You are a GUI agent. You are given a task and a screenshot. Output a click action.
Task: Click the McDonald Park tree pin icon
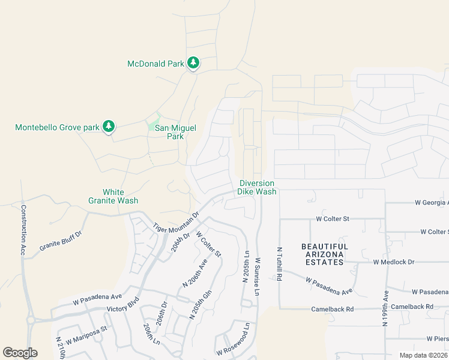193,62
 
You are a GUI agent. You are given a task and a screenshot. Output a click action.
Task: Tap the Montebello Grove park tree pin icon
108,126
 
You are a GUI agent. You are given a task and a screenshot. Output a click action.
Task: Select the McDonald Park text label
155,64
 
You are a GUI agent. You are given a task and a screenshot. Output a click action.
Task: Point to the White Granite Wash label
113,196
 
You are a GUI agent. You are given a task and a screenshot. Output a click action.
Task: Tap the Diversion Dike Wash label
257,187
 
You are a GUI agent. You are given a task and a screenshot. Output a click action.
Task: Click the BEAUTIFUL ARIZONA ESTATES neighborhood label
325,254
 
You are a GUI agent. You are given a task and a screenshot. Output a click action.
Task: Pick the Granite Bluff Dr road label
59,238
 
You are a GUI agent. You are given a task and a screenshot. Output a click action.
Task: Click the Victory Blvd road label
124,304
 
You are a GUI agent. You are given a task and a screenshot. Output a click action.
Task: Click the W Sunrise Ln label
257,277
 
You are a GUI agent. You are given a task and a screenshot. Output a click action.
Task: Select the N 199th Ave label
385,308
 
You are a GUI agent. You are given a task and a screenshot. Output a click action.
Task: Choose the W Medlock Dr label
394,262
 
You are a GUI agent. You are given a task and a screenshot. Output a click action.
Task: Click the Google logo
20,353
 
